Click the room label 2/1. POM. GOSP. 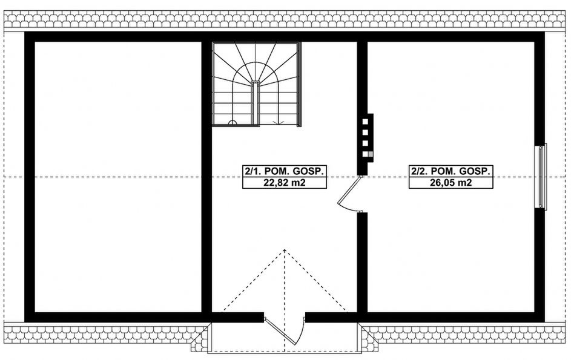(x=283, y=171)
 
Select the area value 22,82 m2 (x=283, y=182)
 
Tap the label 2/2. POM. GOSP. (x=451, y=171)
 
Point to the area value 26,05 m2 (x=451, y=182)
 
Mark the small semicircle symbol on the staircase (x=232, y=122)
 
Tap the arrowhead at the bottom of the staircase (x=280, y=123)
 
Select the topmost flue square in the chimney (x=366, y=120)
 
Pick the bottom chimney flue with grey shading (x=366, y=154)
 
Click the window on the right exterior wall (x=541, y=176)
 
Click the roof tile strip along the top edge (x=285, y=21)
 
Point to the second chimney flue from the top (x=366, y=132)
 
